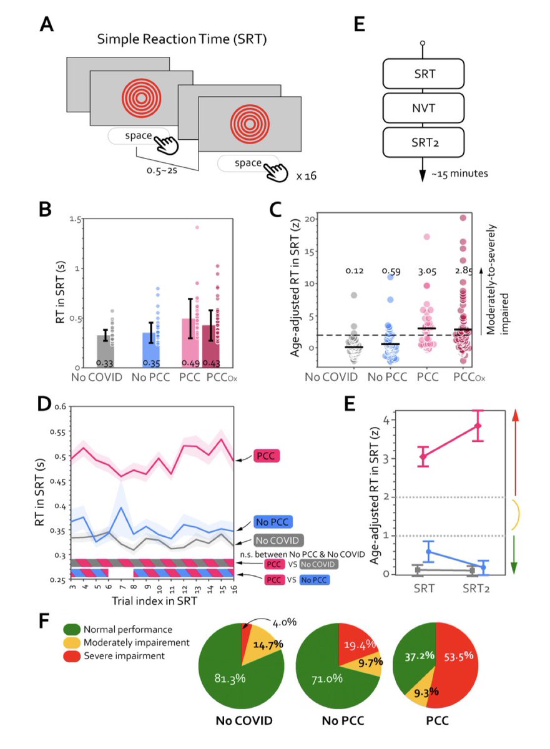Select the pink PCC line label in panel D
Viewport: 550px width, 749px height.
269,457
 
